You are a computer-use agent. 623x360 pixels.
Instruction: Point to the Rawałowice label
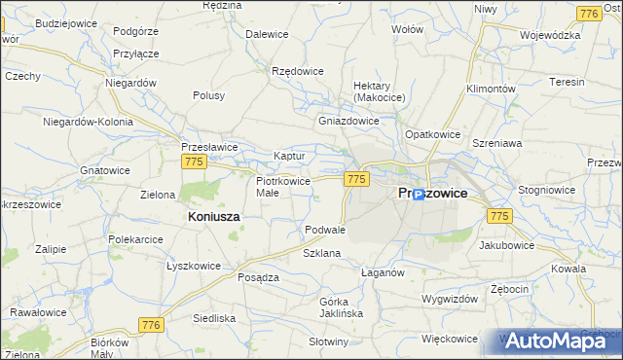pos(38,312)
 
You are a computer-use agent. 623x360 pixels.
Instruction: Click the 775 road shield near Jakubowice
pos(499,215)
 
